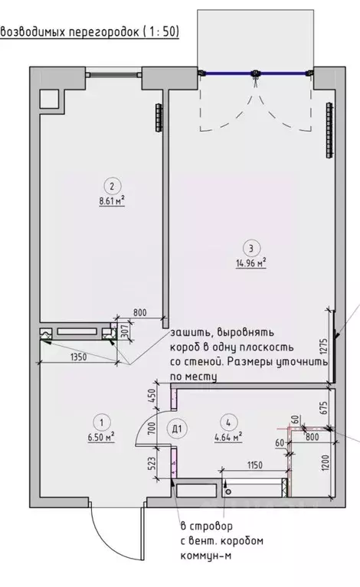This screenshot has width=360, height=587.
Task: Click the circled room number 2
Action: point(112,186)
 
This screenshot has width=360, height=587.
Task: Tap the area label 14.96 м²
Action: point(251,263)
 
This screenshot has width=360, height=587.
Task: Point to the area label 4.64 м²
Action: point(228,436)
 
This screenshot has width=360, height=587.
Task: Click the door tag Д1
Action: point(177,429)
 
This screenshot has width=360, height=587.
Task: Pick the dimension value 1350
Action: point(79,357)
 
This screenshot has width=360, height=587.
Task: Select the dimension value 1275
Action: point(324,346)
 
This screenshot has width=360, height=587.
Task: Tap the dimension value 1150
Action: point(255,465)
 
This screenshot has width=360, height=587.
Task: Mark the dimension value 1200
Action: point(325,464)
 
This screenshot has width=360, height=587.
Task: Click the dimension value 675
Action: point(324,407)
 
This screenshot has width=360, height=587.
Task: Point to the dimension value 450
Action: point(152,396)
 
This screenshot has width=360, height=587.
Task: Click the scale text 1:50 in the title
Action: point(163,32)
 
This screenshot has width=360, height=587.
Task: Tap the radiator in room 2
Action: point(159,117)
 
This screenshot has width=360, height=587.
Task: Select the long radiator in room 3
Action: point(329,130)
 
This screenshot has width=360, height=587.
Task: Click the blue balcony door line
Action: point(256,73)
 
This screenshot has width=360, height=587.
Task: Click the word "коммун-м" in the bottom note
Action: point(206,556)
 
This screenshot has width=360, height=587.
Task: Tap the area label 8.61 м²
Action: point(112,201)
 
